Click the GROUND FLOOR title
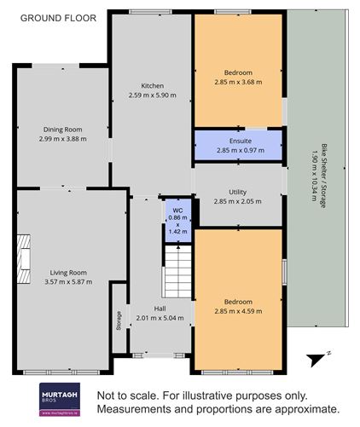tap(58, 18)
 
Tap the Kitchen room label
tap(153, 85)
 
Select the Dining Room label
tap(62, 130)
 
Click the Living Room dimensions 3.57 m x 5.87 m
tap(68, 282)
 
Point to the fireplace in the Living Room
tap(23, 259)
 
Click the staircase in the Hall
tap(177, 271)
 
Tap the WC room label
tap(177, 211)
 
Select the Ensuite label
tap(241, 141)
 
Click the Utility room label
tap(238, 193)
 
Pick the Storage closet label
tap(119, 320)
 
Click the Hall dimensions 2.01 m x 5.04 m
tap(160, 318)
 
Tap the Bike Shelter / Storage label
tap(323, 176)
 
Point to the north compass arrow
tap(316, 361)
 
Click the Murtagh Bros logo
tap(60, 400)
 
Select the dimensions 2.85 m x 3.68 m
tap(238, 82)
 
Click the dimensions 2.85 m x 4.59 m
tap(238, 311)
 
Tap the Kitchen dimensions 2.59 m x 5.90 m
tap(153, 95)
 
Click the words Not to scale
tap(127, 395)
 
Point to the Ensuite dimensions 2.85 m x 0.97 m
tap(241, 150)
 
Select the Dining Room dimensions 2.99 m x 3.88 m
tap(63, 139)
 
